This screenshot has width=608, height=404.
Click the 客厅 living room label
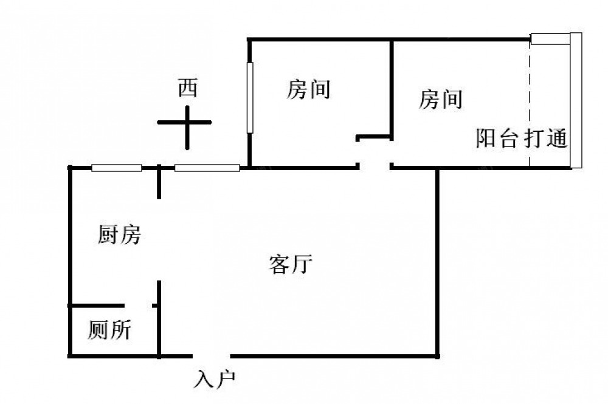290,265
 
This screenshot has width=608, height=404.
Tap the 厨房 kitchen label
119,235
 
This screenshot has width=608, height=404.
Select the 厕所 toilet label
109,330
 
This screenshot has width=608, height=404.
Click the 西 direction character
187,89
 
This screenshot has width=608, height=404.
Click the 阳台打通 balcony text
521,139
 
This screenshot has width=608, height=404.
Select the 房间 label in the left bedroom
308,90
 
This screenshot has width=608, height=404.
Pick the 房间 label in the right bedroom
440,99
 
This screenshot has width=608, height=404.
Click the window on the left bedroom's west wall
249,97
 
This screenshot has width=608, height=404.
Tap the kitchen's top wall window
117,168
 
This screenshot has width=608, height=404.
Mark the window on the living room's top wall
207,168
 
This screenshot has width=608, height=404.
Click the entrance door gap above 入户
212,355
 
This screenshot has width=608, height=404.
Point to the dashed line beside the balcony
530,103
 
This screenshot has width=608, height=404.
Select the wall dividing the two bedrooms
390,85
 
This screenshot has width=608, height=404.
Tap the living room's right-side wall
437,261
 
